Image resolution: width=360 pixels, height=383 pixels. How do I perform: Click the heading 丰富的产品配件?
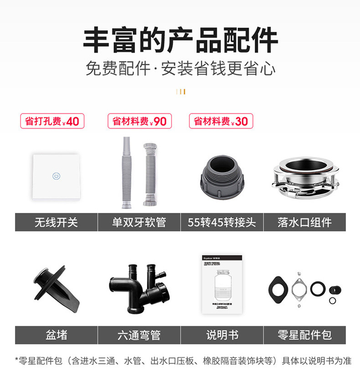[x=180, y=40]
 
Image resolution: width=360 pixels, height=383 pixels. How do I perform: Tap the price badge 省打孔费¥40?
[x=52, y=121]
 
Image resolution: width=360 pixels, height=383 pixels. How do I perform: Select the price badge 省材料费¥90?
[x=139, y=121]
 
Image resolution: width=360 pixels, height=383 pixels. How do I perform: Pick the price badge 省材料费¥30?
[x=221, y=121]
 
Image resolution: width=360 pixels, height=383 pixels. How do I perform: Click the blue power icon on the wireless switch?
[x=56, y=176]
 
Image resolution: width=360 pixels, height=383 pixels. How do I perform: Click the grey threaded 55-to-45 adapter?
[x=221, y=176]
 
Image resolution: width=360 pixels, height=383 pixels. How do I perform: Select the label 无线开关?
[x=56, y=223]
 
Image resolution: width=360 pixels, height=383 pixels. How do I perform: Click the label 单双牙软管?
[x=139, y=223]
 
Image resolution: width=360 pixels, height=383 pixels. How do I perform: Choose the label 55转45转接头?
[x=221, y=223]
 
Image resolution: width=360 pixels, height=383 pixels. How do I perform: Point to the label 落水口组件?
[x=304, y=223]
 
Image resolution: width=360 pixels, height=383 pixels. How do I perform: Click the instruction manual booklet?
[x=222, y=284]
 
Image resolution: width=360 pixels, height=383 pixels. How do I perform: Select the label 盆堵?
[x=56, y=335]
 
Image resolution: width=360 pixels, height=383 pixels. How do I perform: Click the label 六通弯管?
[x=139, y=335]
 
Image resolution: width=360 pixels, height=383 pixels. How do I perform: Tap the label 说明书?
[x=222, y=335]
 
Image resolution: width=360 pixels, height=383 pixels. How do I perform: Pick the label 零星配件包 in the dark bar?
[x=304, y=335]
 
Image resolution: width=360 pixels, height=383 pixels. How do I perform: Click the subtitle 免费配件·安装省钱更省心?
[x=180, y=69]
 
